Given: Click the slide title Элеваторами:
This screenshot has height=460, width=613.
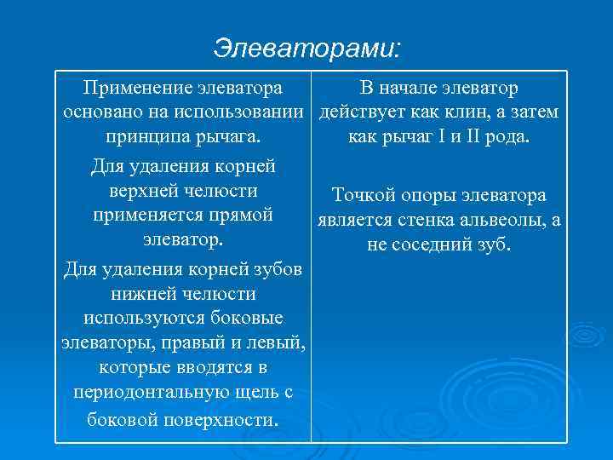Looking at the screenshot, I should pyautogui.click(x=306, y=48).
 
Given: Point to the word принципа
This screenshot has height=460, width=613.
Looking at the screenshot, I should pyautogui.click(x=142, y=137).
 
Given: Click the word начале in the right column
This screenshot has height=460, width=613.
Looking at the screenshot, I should pyautogui.click(x=411, y=88).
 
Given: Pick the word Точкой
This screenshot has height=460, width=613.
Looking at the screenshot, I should pyautogui.click(x=362, y=196).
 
